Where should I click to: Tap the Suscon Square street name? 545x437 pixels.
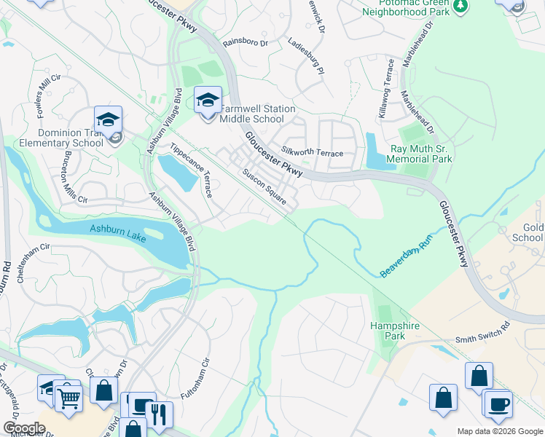[264, 186]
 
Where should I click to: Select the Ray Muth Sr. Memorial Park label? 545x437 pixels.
[421, 154]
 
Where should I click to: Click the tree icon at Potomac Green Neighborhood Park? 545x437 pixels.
[460, 6]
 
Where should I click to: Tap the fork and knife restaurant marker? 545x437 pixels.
[160, 415]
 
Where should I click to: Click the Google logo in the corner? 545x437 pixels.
[24, 428]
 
